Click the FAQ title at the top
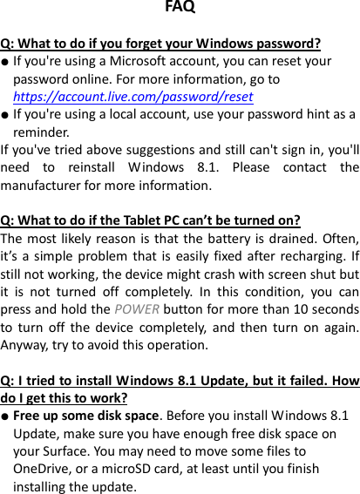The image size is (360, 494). (180, 8)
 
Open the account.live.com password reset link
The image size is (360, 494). (133, 97)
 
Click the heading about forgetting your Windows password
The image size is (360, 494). (161, 44)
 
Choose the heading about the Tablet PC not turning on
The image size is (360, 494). (151, 220)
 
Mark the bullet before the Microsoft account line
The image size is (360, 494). (5, 63)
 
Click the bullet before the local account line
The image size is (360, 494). (5, 115)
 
